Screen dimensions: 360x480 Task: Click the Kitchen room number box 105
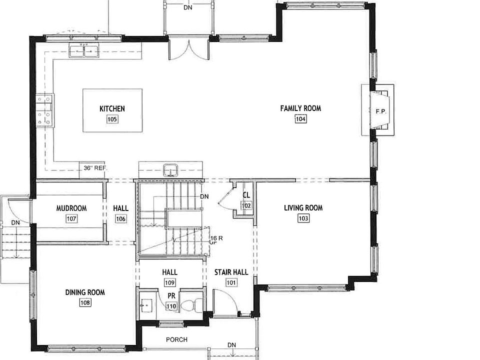coord(111,119)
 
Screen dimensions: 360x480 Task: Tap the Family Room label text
coord(300,108)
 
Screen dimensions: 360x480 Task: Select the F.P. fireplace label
coord(381,111)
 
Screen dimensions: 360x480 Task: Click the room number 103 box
coord(303,218)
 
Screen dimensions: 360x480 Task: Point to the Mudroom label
coord(71,208)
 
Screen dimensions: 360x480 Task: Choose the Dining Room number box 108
coord(85,302)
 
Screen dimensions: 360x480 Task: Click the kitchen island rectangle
coord(112,110)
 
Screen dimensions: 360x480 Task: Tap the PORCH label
coord(177,340)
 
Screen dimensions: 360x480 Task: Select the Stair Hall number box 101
coord(231,282)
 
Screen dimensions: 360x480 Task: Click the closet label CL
coord(246,195)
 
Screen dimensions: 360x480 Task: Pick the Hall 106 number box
coord(120,218)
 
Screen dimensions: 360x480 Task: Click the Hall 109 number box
coord(169,282)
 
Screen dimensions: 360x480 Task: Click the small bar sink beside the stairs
coord(171,169)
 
